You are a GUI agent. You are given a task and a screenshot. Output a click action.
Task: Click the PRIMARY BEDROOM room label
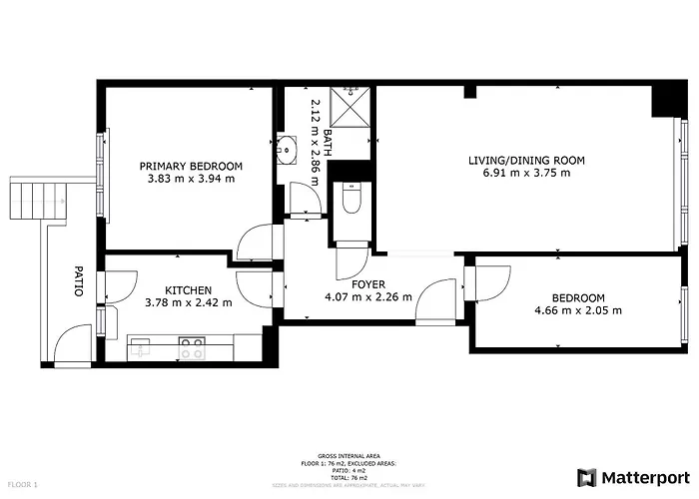(x=191, y=166)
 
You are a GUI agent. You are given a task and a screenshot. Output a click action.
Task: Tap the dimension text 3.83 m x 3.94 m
(x=191, y=180)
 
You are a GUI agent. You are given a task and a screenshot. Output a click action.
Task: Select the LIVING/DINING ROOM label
(x=526, y=160)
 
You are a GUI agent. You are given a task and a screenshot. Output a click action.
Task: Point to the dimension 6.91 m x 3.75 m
(x=526, y=174)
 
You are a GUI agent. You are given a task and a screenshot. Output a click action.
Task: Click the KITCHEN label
(x=188, y=289)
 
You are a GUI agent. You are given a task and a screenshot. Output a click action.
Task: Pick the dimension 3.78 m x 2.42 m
(x=188, y=302)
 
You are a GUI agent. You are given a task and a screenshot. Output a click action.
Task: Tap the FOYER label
(x=368, y=284)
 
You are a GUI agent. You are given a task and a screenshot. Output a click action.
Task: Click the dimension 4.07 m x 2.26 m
(x=368, y=297)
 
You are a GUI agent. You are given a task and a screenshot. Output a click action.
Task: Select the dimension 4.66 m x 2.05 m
(x=578, y=310)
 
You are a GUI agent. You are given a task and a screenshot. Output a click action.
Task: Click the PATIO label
(x=78, y=280)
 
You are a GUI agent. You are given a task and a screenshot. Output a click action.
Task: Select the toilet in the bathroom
(x=350, y=201)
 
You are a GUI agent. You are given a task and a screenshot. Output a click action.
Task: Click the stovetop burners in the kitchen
(x=192, y=348)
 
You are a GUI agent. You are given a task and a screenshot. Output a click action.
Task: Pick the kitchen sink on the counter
(x=140, y=347)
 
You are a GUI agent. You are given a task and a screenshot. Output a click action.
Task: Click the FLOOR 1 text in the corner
(x=21, y=485)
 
